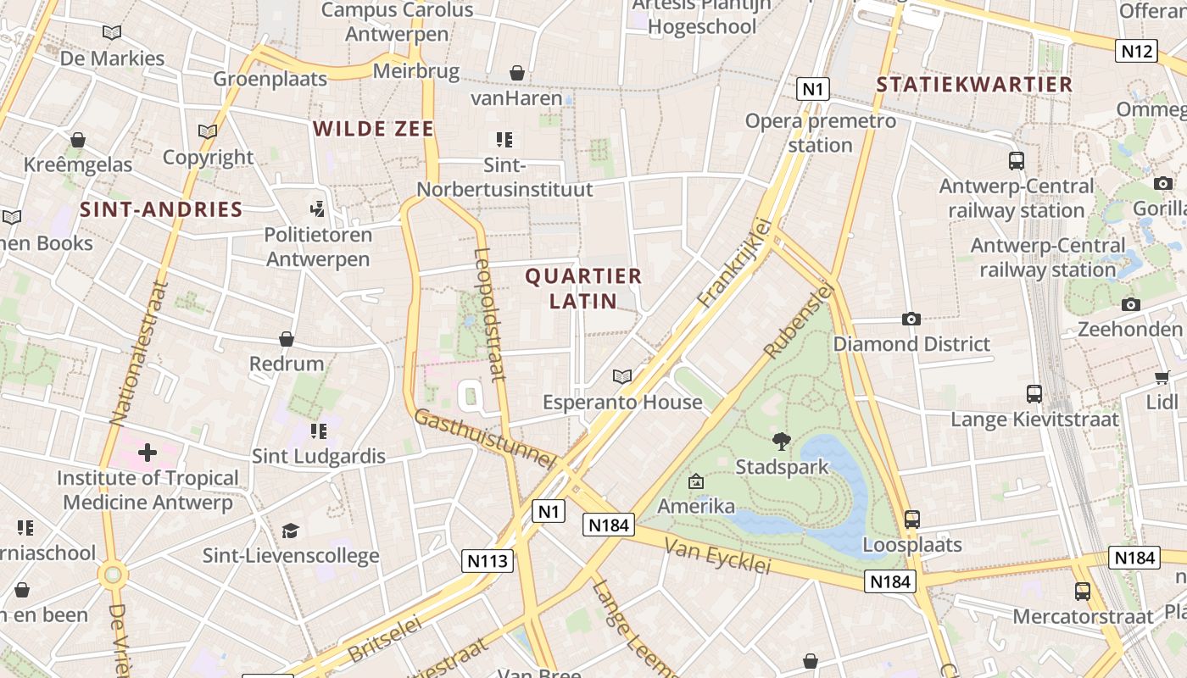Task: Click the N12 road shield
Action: (1137, 51)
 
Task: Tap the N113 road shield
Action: (488, 560)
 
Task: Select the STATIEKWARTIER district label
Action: (974, 85)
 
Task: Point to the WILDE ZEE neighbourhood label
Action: (373, 129)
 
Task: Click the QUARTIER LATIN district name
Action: (583, 288)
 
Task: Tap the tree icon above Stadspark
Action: (781, 441)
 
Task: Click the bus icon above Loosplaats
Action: (912, 519)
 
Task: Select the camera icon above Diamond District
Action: (911, 319)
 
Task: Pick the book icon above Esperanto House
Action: (622, 376)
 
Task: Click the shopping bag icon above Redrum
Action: (287, 339)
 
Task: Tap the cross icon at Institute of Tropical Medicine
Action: (148, 452)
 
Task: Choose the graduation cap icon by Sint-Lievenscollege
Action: (291, 531)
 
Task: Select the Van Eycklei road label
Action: (717, 555)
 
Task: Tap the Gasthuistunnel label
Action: (484, 438)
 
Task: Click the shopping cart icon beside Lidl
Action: (1162, 377)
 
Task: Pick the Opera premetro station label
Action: (820, 133)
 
